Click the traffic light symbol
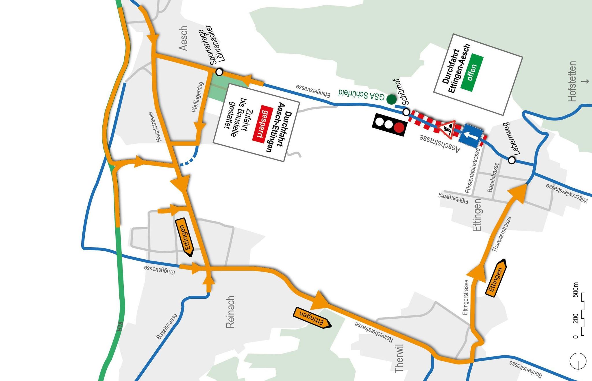(x=390, y=124)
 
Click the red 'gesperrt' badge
(x=262, y=123)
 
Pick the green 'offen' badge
(x=472, y=73)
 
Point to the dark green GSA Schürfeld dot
(x=391, y=99)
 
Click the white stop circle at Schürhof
(x=406, y=112)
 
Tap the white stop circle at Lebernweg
(x=512, y=160)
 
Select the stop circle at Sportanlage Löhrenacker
(x=219, y=72)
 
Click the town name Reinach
(x=230, y=312)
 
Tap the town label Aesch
(x=183, y=38)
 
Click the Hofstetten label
(x=572, y=81)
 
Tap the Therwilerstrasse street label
(x=502, y=234)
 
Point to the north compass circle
(x=578, y=361)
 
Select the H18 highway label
(x=120, y=326)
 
